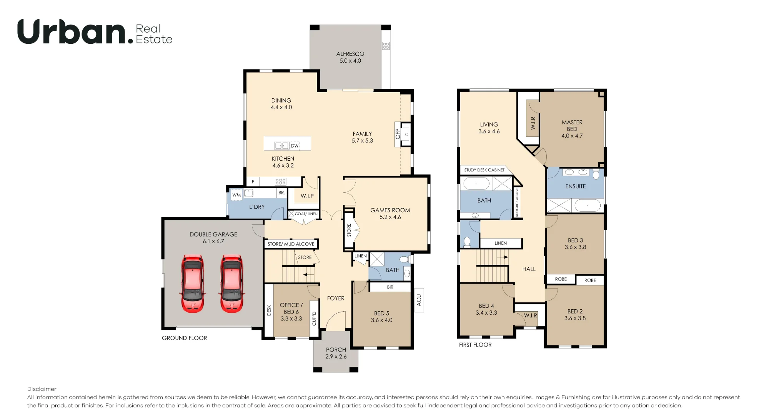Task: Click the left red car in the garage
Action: coord(193,283)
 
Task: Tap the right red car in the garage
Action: coord(232,283)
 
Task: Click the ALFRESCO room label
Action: coord(350,54)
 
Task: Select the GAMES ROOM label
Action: coord(390,210)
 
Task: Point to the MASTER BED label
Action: coord(572,126)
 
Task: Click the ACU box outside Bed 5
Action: coord(419,300)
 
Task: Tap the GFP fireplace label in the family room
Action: coord(398,134)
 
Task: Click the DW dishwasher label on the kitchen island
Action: coord(295,146)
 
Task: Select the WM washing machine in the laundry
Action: coord(236,194)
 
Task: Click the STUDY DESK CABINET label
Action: coord(484,170)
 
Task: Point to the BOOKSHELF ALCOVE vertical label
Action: coord(517,202)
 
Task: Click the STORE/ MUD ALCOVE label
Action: coord(291,244)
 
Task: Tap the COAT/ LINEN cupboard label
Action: coord(306,214)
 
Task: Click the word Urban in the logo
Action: coord(72,32)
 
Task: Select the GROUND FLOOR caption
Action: coord(184,338)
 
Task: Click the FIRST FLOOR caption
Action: coord(475,345)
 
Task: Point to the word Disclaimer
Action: coord(42,389)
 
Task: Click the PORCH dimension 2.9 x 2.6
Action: coord(336,357)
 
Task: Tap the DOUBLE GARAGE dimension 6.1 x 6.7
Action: coord(213,241)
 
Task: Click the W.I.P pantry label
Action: coord(307,196)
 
